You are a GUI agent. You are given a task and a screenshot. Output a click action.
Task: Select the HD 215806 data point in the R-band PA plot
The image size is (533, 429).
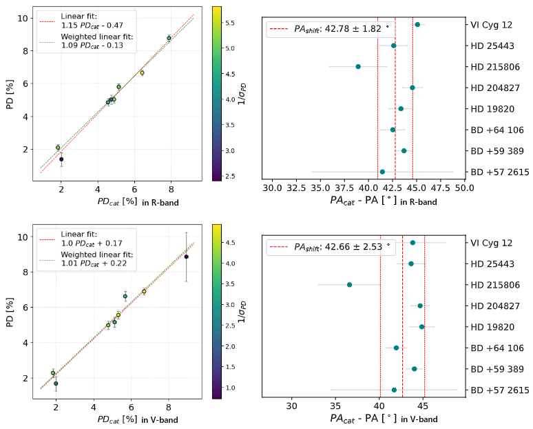pyautogui.click(x=358, y=66)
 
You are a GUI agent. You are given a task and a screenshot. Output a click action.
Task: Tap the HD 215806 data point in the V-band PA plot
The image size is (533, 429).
pyautogui.click(x=349, y=285)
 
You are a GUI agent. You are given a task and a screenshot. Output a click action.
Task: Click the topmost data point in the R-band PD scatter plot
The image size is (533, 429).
pyautogui.click(x=169, y=38)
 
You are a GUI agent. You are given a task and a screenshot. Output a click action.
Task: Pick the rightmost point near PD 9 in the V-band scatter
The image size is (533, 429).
pyautogui.click(x=186, y=257)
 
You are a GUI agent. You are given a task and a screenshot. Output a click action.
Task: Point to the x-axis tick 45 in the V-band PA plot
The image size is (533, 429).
pyautogui.click(x=424, y=406)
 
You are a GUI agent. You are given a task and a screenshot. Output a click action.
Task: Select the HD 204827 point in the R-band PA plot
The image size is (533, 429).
pyautogui.click(x=412, y=88)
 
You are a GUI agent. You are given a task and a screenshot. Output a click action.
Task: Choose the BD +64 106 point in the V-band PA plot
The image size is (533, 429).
pyautogui.click(x=397, y=348)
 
